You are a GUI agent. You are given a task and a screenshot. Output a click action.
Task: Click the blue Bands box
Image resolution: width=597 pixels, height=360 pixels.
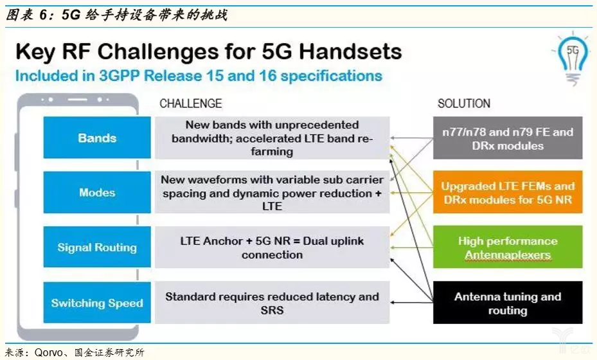(x=97, y=138)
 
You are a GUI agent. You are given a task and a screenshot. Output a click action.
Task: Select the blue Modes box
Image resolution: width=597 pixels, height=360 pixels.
(x=97, y=192)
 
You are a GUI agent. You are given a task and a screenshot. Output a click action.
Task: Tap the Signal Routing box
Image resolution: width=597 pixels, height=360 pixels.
(x=97, y=247)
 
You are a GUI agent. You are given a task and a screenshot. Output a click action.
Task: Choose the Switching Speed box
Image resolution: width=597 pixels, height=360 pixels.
(x=97, y=303)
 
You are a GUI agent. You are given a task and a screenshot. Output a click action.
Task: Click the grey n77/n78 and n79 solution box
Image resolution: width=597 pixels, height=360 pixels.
(x=508, y=138)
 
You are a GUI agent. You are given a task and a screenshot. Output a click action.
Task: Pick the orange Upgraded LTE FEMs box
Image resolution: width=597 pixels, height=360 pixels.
(x=508, y=192)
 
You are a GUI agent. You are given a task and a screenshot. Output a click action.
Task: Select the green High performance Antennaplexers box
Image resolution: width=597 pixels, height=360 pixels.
(x=508, y=247)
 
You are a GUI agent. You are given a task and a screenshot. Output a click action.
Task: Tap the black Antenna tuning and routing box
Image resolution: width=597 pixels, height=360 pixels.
(x=508, y=303)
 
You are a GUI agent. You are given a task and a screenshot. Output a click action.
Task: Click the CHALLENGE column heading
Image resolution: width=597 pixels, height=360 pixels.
(x=190, y=104)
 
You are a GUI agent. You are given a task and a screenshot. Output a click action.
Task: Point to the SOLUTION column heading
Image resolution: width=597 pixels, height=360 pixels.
(x=464, y=104)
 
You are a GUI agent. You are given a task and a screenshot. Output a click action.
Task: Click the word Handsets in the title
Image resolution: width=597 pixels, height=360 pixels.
(x=350, y=51)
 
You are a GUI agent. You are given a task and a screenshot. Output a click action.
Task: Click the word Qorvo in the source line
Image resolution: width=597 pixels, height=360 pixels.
(x=49, y=352)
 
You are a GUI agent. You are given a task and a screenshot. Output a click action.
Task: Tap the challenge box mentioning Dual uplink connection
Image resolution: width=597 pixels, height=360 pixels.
(x=272, y=248)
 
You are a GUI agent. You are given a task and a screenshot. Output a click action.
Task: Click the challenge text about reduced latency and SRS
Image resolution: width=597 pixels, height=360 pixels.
(x=272, y=303)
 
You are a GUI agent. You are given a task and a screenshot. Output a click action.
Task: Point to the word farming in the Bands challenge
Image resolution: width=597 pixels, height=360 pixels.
(x=272, y=152)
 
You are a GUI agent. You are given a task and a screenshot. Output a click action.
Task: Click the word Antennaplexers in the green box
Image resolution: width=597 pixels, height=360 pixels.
(x=508, y=255)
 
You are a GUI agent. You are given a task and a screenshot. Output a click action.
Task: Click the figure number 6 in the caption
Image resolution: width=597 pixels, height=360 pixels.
(x=44, y=15)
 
